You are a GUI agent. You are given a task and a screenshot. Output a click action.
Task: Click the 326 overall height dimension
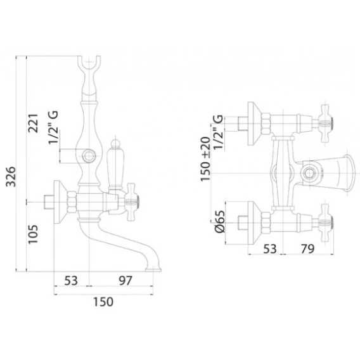click(x=11, y=177)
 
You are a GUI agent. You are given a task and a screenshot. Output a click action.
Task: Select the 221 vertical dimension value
click(x=33, y=123)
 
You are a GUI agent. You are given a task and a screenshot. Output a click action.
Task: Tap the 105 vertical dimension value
click(x=33, y=234)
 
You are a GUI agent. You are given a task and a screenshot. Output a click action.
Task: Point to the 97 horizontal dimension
click(x=125, y=281)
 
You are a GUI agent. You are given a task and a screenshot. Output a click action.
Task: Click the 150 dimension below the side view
click(x=103, y=302)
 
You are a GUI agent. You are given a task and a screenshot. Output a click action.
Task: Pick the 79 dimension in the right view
click(x=307, y=248)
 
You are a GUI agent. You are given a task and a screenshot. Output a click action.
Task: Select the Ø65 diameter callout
click(x=220, y=222)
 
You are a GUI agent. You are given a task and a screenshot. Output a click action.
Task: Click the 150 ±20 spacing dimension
click(x=205, y=159)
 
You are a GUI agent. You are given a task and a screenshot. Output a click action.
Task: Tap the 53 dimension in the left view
click(x=71, y=281)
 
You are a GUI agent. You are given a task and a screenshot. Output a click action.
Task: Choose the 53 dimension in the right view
click(x=270, y=248)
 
